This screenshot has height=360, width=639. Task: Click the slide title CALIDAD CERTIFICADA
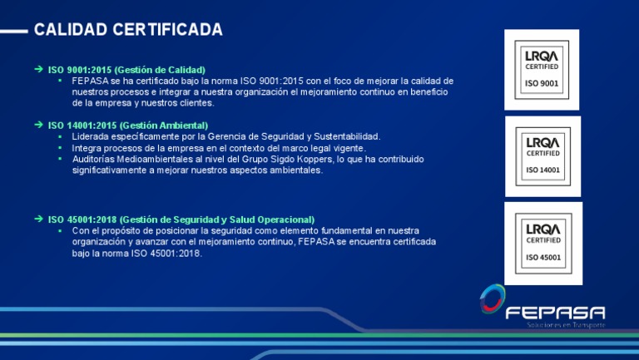coord(128,30)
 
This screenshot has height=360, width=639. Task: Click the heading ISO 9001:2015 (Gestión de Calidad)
coord(126,69)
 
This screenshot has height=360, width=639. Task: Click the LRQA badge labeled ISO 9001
coord(542,69)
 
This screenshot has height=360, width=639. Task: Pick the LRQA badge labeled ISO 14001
coord(542,155)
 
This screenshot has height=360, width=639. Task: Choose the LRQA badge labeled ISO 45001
coord(542,243)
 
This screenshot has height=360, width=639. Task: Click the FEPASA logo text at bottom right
coord(555,313)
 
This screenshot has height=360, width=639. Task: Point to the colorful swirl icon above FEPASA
coord(492,299)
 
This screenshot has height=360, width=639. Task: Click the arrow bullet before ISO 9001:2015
coord(38,69)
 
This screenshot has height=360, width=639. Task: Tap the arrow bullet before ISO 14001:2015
coord(38,125)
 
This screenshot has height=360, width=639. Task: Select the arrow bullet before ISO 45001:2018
coord(38,219)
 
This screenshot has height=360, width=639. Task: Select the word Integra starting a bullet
coord(87,148)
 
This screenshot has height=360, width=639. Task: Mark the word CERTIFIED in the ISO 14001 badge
coord(542,153)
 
